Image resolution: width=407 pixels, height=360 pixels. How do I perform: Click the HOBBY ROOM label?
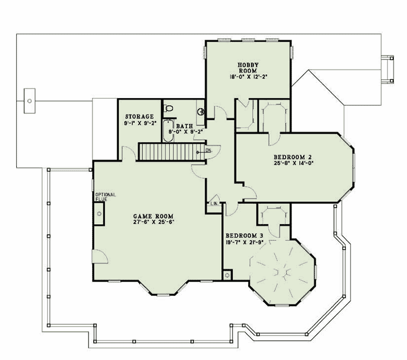249,67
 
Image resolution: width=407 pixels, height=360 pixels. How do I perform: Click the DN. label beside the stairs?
208,151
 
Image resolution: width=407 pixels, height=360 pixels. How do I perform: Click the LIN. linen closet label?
214,204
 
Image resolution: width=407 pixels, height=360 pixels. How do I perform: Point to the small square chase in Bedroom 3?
227,275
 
